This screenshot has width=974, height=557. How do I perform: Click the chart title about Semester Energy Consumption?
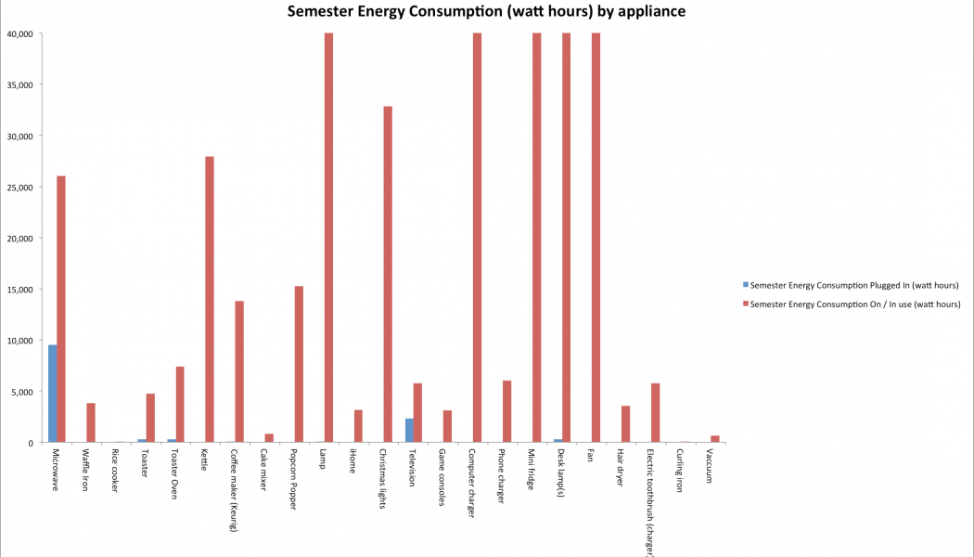coord(486,12)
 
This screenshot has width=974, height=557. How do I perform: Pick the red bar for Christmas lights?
coord(388,274)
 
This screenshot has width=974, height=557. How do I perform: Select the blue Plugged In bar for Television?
coord(409,431)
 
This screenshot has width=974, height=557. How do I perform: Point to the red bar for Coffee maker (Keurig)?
coord(239,371)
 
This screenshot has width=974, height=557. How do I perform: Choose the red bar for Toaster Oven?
coord(180,405)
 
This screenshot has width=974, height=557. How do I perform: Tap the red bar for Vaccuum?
coord(714,439)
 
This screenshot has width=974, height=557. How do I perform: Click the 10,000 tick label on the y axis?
coord(19,341)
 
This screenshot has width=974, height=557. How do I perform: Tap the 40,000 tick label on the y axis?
coord(19,34)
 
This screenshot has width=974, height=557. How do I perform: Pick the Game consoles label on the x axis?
coord(442,474)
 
